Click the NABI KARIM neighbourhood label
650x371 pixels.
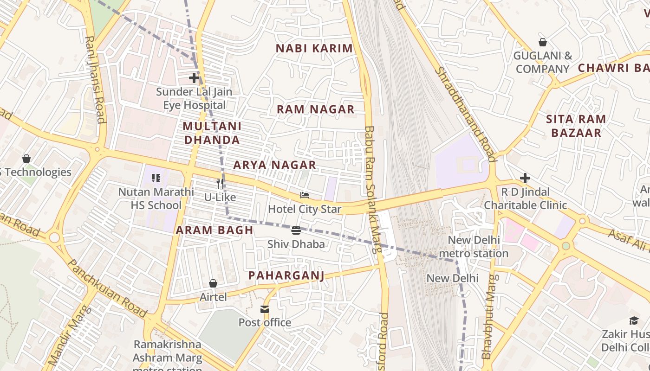(x=314, y=48)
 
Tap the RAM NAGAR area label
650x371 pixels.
(x=316, y=109)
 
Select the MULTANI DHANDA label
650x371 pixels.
(x=212, y=133)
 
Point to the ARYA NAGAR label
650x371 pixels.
(x=274, y=165)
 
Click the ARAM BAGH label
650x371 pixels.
(x=214, y=230)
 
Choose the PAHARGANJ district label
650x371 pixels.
(x=286, y=275)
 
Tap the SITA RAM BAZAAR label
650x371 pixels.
(x=576, y=126)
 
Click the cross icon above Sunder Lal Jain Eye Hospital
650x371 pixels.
(x=194, y=78)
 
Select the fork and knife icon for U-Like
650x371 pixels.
(x=220, y=184)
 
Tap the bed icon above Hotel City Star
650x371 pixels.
(x=305, y=195)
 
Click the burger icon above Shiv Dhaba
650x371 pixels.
(x=296, y=230)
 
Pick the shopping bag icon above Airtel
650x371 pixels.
(x=213, y=283)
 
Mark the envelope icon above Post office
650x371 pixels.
(x=265, y=309)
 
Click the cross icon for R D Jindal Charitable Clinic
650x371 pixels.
(x=525, y=178)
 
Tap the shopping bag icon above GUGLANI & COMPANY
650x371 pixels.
(x=542, y=42)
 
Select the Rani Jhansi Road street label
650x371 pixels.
(x=94, y=80)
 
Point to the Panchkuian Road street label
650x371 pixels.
(x=107, y=288)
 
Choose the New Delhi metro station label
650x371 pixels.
(x=474, y=247)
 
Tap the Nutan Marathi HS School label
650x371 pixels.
(x=156, y=198)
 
